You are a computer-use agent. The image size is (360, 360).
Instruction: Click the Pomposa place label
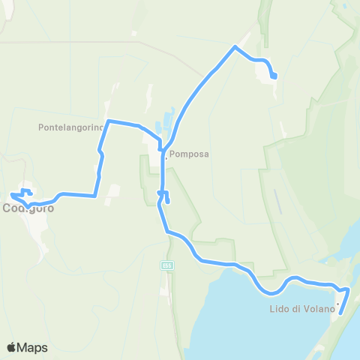188,154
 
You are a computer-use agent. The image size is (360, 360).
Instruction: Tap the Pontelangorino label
69,127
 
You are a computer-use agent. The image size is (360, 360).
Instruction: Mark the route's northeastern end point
274,76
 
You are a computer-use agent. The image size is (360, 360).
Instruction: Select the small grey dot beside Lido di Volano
338,304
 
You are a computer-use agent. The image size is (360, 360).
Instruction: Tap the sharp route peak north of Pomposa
236,47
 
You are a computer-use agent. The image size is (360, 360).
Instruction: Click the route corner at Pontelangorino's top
109,121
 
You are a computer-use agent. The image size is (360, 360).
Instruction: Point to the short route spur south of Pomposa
166,199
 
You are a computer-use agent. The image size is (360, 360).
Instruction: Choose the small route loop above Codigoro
26,191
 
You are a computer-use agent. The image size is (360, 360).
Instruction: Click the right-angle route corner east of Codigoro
95,196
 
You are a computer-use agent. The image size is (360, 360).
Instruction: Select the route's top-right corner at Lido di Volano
349,289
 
